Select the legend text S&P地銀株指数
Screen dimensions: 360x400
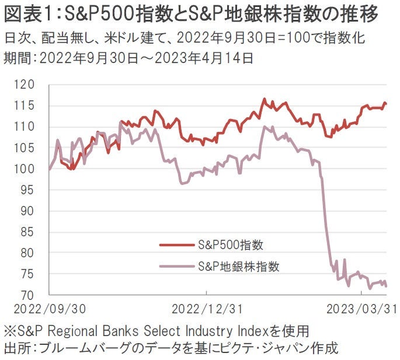238,267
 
